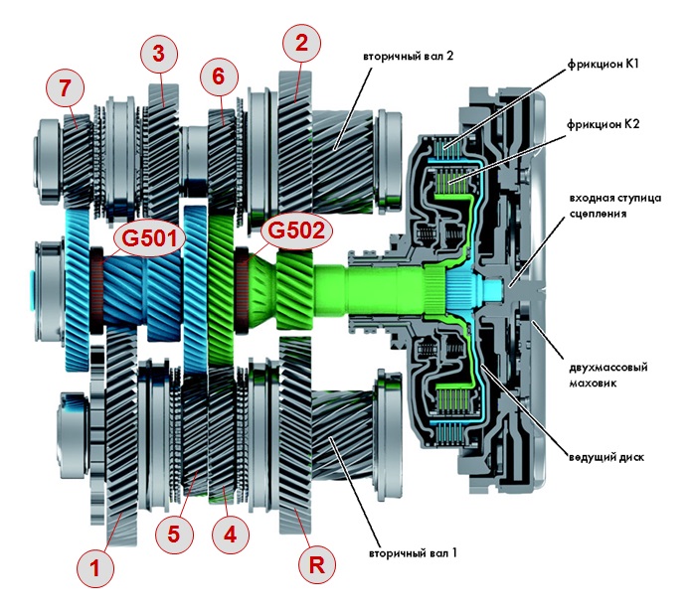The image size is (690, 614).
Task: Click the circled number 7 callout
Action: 65,89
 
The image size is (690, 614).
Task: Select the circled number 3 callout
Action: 157,55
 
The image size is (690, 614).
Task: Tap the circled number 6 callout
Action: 219,76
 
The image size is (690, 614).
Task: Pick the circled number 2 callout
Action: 301,42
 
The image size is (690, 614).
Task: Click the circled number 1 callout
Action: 95,568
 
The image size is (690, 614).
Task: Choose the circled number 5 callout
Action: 174,534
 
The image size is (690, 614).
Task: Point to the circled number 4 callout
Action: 230,534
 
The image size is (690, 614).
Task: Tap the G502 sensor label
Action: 293,231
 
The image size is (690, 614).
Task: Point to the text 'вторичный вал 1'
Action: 413,551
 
